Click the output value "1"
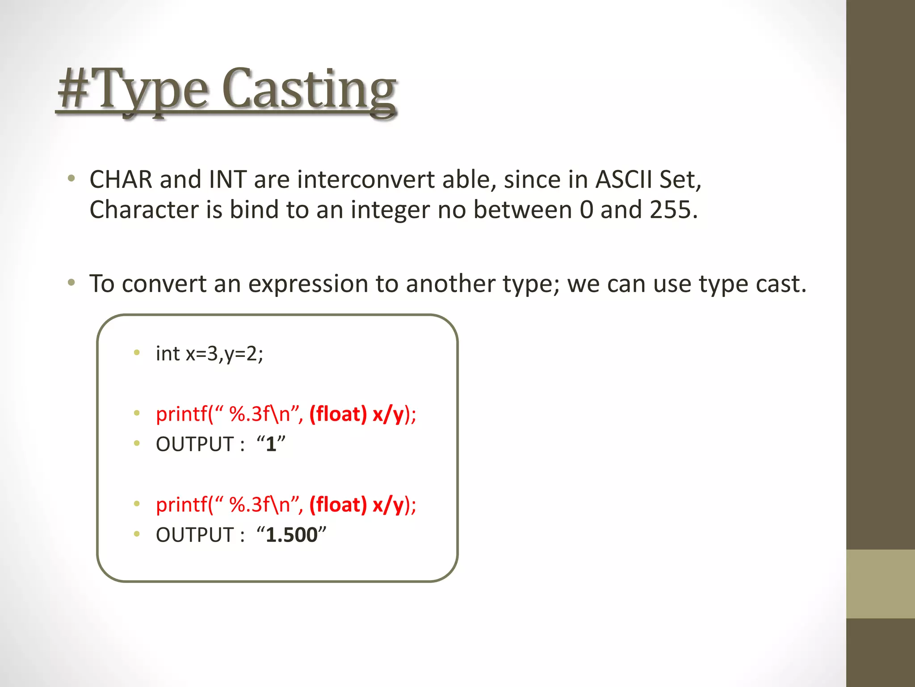[271, 444]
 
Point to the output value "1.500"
[291, 535]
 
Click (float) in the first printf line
[338, 414]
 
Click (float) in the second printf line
[338, 505]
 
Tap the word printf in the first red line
[181, 414]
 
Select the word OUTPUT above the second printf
[195, 444]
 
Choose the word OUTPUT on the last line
[195, 535]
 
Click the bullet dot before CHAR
[71, 179]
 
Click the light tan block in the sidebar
[880, 584]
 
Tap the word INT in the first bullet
[227, 180]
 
